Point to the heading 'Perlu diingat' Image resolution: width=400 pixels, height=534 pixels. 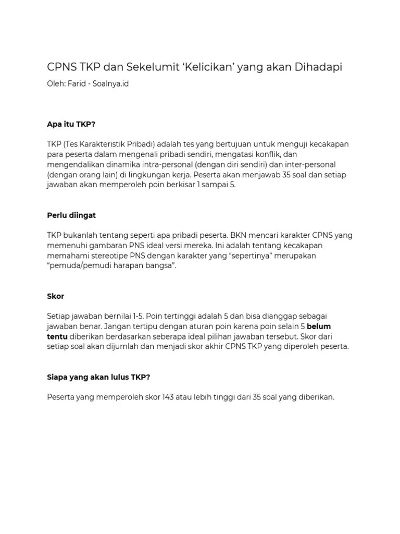click(x=71, y=215)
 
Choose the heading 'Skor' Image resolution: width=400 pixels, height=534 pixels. click(x=55, y=296)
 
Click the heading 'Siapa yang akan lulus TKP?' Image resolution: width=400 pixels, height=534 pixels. click(x=98, y=377)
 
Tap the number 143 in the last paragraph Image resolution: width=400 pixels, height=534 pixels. click(x=170, y=397)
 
